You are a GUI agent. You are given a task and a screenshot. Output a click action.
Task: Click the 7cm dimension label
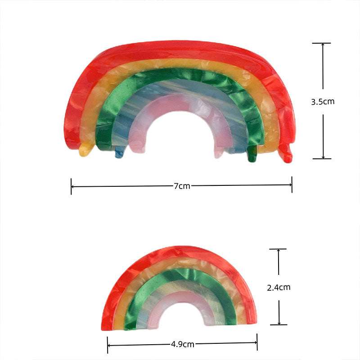[181, 186]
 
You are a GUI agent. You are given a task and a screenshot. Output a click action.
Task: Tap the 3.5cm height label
[323, 102]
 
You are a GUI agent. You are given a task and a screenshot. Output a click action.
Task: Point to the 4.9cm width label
[182, 345]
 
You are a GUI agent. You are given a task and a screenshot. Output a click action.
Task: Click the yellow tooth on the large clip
[84, 151]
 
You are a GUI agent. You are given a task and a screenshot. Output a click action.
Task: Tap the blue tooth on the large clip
[119, 153]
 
